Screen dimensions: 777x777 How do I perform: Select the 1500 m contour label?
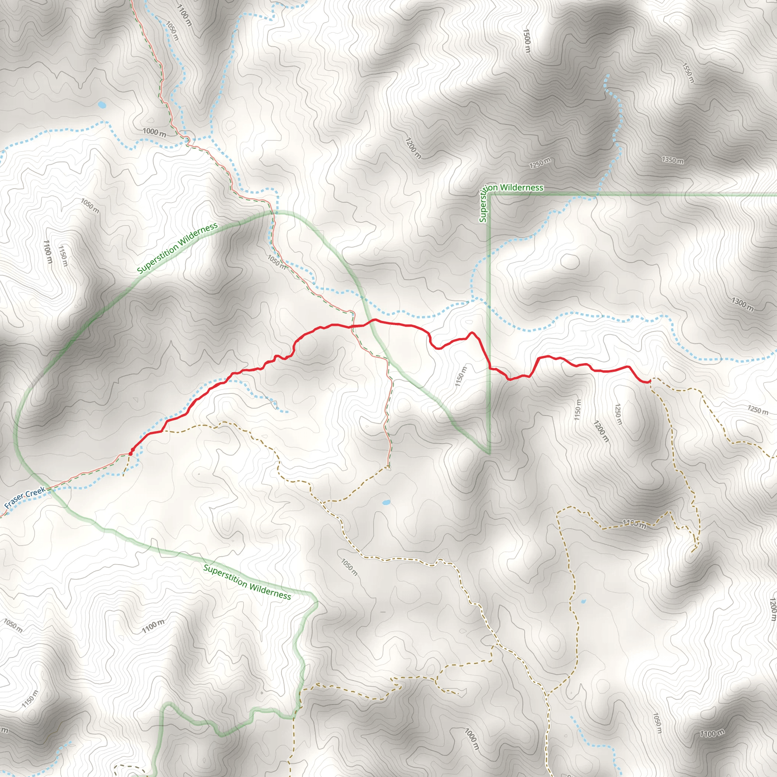[527, 41]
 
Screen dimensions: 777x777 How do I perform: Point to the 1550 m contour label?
[688, 73]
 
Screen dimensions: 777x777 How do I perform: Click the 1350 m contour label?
[672, 160]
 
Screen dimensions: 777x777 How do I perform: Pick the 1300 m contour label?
[742, 304]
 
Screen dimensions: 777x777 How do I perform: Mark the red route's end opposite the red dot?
[650, 381]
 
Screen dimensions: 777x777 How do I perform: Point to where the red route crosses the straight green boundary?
[490, 368]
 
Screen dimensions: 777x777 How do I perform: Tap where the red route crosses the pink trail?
[353, 326]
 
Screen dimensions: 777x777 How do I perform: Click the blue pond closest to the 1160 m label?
[583, 602]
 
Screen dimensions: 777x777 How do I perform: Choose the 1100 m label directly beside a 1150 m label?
[47, 252]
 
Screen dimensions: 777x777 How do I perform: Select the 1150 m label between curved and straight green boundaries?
[461, 376]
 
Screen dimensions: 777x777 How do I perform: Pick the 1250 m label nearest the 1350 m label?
[540, 163]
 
